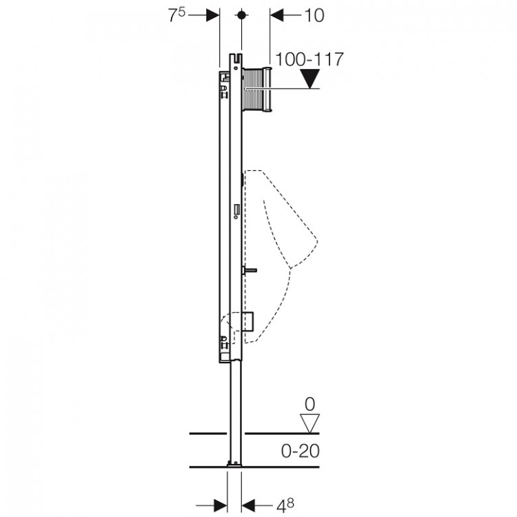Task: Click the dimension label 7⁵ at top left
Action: (x=177, y=15)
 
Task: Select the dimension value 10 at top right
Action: (x=314, y=15)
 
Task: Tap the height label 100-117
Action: (x=310, y=59)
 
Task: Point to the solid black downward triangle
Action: (x=310, y=79)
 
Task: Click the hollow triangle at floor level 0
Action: (x=310, y=423)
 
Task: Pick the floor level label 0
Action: (x=310, y=404)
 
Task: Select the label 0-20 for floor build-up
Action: (x=301, y=451)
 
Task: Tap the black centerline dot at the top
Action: (x=241, y=15)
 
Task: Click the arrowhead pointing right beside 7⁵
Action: (x=213, y=15)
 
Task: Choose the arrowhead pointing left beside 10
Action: (x=277, y=15)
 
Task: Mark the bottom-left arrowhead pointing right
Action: (x=221, y=505)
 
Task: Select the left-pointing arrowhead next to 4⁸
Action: (x=248, y=505)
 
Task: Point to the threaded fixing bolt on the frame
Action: (x=250, y=271)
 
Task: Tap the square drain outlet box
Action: (x=247, y=327)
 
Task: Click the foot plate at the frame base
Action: (x=234, y=465)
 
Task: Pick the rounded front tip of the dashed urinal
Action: (x=316, y=242)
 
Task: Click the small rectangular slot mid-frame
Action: (x=236, y=210)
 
